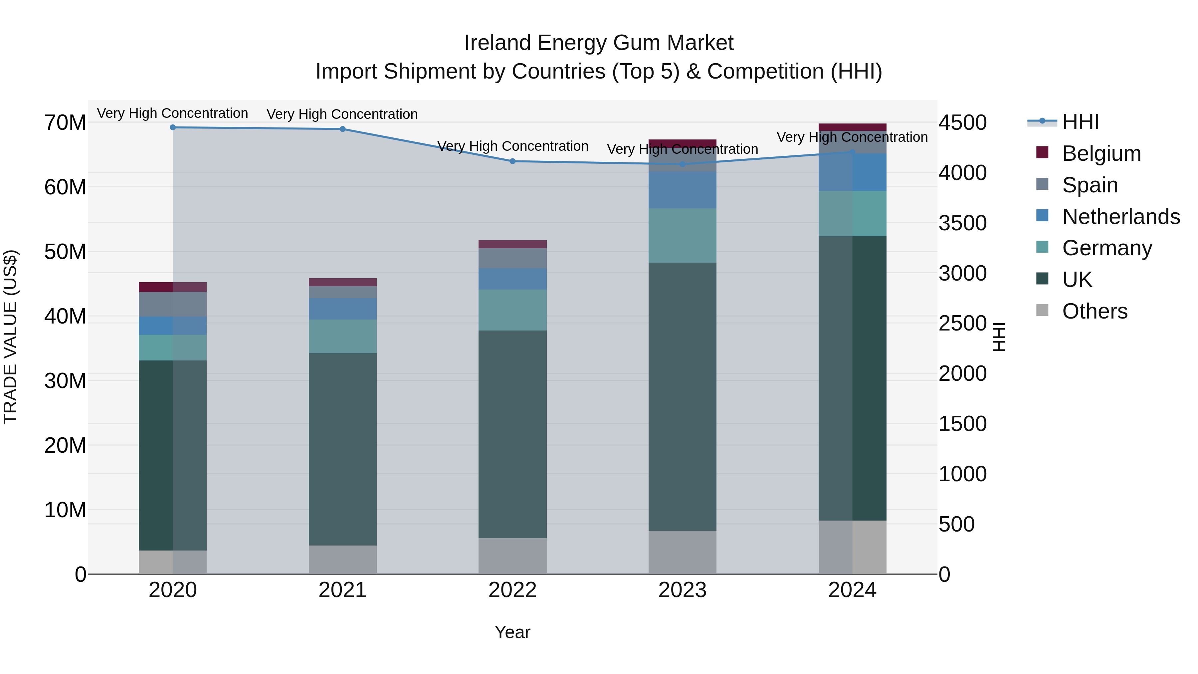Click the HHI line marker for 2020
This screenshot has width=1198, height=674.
173,127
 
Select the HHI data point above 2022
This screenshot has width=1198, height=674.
512,161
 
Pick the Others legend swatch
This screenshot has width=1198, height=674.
1043,310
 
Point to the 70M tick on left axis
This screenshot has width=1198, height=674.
65,123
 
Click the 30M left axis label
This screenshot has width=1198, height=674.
65,381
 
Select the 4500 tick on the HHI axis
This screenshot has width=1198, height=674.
962,123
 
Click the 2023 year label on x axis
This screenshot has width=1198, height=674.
682,590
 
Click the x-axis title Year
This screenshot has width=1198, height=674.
512,632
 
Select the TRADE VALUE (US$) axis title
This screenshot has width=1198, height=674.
10,337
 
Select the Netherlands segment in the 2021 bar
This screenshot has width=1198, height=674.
343,309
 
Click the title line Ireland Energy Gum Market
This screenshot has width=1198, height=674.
599,43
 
